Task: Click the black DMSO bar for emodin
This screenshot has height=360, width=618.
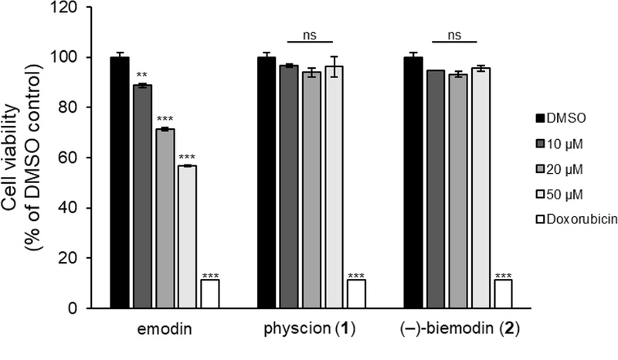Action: (120, 182)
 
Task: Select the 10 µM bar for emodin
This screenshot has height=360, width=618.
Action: (142, 196)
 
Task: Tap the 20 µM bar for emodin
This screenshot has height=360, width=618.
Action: (165, 219)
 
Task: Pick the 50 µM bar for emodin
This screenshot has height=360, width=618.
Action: (187, 236)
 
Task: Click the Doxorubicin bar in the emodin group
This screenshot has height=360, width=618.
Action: (210, 294)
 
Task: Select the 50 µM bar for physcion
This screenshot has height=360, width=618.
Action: (334, 187)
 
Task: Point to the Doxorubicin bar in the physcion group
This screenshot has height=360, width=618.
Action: (356, 294)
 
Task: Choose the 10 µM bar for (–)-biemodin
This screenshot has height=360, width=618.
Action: (436, 188)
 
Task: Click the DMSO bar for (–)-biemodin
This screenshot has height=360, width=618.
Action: (413, 182)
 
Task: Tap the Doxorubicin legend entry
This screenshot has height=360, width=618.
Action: (576, 219)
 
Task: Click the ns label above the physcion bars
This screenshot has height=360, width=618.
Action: (310, 35)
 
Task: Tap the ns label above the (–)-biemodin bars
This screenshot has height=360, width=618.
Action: (454, 35)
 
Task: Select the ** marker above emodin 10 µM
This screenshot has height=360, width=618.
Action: (142, 75)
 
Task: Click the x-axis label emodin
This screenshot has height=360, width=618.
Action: (165, 328)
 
